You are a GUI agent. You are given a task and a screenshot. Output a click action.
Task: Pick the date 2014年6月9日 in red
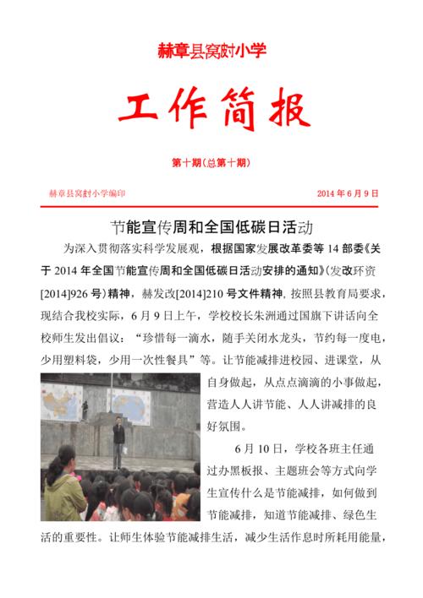[x=348, y=193]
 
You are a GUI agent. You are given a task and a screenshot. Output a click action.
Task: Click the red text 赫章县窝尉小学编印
[x=87, y=193]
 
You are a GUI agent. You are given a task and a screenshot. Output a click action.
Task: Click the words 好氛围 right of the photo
[x=226, y=425]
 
